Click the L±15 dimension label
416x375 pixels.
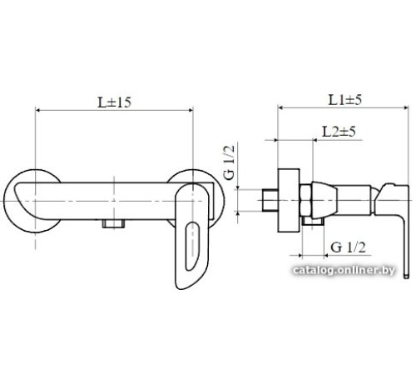114,102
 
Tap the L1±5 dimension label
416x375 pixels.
345,100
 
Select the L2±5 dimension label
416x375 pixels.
339,132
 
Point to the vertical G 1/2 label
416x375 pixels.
230,162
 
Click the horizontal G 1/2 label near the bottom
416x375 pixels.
349,247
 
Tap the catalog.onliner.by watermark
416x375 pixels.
344,270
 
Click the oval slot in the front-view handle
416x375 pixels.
192,246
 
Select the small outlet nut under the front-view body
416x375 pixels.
113,224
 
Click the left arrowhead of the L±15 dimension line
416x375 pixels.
38,111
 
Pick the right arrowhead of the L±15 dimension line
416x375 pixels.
191,111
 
